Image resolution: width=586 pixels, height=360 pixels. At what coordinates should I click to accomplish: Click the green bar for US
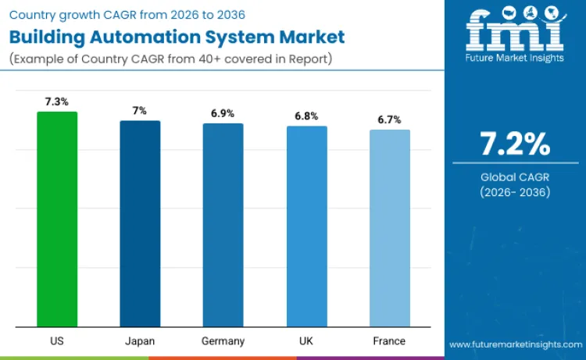click(57, 219)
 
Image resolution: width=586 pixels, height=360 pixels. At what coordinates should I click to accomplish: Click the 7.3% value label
click(57, 102)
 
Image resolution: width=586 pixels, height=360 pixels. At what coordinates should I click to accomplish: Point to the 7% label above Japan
click(140, 111)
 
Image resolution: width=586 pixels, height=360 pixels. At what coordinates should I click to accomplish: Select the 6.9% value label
click(223, 113)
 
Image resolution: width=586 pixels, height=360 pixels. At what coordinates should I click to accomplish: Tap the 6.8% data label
click(306, 116)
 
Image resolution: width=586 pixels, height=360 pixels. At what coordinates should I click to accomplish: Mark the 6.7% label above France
click(389, 119)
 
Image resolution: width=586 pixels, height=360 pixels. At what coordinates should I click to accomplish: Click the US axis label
click(57, 341)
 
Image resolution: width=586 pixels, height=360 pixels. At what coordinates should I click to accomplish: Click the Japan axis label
click(140, 341)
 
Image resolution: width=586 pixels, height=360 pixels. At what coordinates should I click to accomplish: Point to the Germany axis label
click(223, 341)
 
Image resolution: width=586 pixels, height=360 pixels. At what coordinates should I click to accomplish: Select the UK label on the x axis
click(306, 341)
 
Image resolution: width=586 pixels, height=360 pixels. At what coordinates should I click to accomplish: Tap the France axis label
click(389, 341)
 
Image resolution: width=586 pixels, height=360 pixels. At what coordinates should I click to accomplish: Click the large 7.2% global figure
click(515, 144)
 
